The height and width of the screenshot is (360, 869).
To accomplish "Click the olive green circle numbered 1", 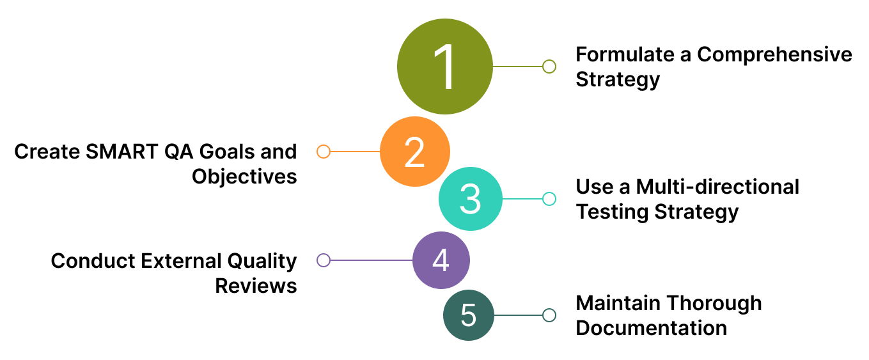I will click(445, 67).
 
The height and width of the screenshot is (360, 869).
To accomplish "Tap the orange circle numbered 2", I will click(415, 152).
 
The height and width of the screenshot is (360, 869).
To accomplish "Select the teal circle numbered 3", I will click(470, 199).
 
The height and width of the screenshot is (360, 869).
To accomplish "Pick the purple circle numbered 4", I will click(441, 260).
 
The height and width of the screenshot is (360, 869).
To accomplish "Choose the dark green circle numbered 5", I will click(469, 315).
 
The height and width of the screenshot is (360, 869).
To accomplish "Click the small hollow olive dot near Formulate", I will click(549, 67).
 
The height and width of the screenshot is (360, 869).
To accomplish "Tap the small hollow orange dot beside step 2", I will click(324, 152).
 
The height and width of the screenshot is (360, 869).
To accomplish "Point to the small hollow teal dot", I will click(549, 199).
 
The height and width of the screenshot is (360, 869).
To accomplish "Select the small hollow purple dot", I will click(324, 260).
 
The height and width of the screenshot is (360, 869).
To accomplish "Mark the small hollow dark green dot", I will click(549, 315).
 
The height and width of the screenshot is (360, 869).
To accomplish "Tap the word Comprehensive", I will click(774, 54).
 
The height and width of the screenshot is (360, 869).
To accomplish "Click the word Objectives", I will click(244, 176).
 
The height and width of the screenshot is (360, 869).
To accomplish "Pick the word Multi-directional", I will click(717, 187).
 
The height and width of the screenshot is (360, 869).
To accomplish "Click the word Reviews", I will click(256, 286).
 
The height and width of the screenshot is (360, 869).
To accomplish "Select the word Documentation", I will click(651, 328).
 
